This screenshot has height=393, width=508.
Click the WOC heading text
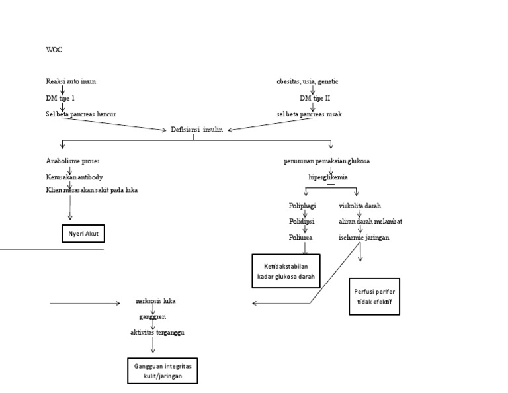pyautogui.click(x=54, y=50)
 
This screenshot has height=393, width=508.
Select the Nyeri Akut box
pyautogui.click(x=83, y=234)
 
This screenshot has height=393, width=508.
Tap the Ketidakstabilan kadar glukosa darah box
pyautogui.click(x=285, y=271)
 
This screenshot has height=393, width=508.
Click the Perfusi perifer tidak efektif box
pyautogui.click(x=374, y=296)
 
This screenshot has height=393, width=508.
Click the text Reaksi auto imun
pyautogui.click(x=71, y=81)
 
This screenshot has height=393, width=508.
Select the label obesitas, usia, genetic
pyautogui.click(x=308, y=81)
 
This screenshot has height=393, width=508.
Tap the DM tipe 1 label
pyautogui.click(x=61, y=98)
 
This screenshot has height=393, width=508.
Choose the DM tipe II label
pyautogui.click(x=314, y=98)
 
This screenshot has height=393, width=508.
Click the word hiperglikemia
pyautogui.click(x=328, y=177)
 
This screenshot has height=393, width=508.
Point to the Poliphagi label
pyautogui.click(x=302, y=206)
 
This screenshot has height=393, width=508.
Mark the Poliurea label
pyautogui.click(x=300, y=236)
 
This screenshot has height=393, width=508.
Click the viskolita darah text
pyautogui.click(x=360, y=206)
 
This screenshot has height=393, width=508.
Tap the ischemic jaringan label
pyautogui.click(x=364, y=236)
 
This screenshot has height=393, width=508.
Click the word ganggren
pyautogui.click(x=153, y=317)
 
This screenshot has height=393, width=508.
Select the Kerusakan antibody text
pyautogui.click(x=75, y=177)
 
